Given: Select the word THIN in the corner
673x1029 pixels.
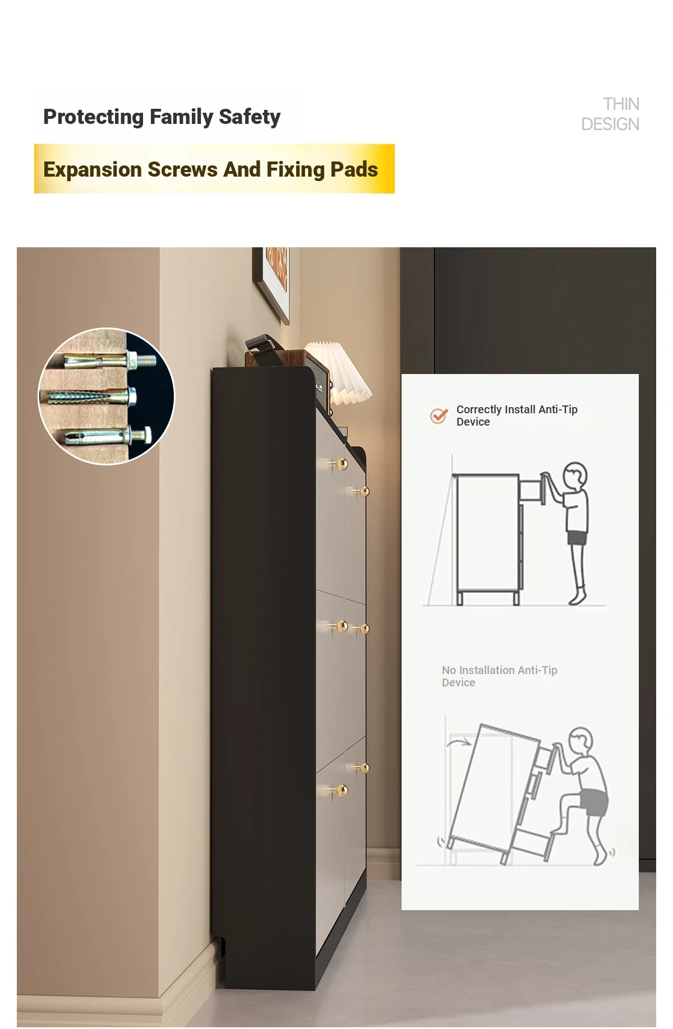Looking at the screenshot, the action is [x=621, y=104].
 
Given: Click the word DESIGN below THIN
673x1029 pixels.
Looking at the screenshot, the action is [x=610, y=124].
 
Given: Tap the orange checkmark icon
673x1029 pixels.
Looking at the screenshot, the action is [x=439, y=416].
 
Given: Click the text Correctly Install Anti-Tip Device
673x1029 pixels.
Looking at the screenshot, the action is [x=517, y=416].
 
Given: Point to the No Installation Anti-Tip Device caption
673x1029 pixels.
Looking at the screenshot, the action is [x=499, y=676].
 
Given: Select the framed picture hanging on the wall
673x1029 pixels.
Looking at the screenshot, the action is [x=271, y=283].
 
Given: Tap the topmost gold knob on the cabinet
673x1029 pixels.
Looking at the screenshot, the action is [x=341, y=464].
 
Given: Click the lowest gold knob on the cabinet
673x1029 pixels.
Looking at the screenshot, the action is [x=341, y=790].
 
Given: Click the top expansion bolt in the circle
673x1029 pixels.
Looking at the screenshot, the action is [x=109, y=360].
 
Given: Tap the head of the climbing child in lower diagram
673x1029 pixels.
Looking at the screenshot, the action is [x=581, y=742].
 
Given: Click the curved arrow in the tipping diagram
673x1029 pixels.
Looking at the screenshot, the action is [x=459, y=742].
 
